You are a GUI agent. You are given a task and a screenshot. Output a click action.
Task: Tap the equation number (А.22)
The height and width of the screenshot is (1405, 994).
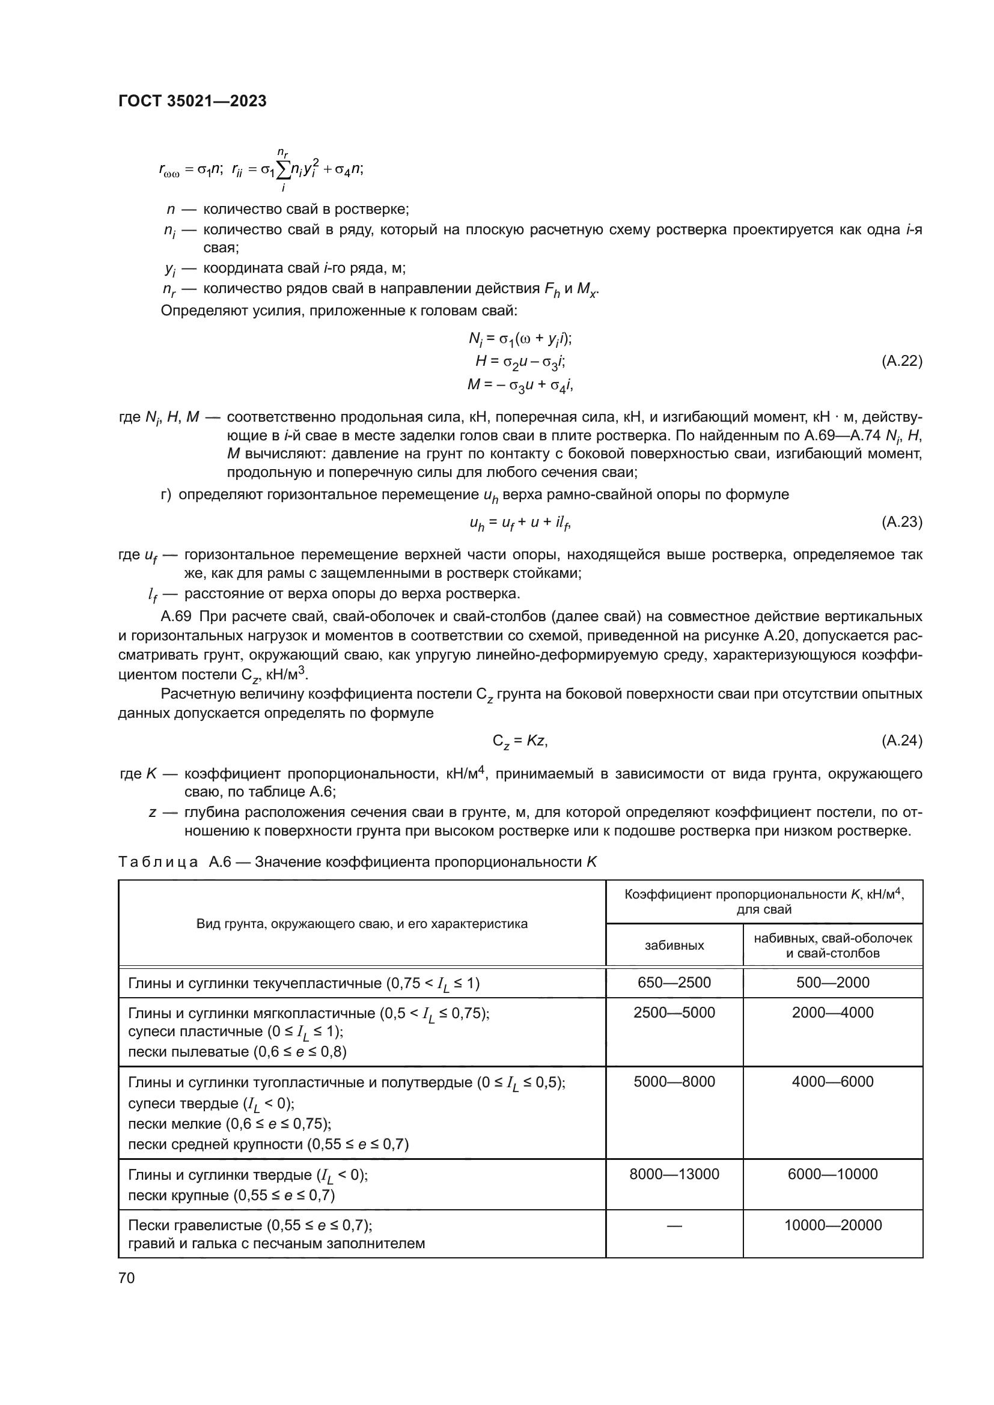click(x=901, y=361)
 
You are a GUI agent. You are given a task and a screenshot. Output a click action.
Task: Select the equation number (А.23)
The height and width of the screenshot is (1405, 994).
click(x=901, y=522)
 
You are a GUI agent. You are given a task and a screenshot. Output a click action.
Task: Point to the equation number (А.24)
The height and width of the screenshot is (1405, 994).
click(x=901, y=741)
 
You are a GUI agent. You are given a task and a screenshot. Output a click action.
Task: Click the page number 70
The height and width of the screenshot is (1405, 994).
click(x=127, y=1278)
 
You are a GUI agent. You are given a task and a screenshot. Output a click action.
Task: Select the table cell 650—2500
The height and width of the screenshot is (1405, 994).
click(x=674, y=983)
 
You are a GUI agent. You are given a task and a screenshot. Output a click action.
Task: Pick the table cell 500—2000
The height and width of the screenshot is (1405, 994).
click(x=832, y=983)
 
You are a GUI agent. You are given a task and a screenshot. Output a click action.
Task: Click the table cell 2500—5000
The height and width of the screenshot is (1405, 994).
click(x=674, y=1013)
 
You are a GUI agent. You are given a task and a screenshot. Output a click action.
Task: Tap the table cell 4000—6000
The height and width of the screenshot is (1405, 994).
click(x=832, y=1082)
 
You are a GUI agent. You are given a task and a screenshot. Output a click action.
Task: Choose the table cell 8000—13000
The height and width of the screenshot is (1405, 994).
click(x=674, y=1174)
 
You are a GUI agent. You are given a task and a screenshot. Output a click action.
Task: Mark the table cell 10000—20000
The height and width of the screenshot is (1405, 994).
click(x=832, y=1225)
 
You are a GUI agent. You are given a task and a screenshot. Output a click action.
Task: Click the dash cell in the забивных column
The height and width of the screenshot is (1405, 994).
click(x=674, y=1225)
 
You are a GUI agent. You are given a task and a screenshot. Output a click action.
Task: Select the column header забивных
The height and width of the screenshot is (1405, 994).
click(x=674, y=945)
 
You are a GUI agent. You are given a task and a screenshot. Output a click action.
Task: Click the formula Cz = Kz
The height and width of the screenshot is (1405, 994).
click(x=520, y=742)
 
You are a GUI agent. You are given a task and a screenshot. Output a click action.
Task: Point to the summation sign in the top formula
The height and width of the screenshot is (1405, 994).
click(x=284, y=171)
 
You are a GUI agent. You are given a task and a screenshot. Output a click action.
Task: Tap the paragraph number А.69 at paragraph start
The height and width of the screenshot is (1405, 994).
click(x=176, y=616)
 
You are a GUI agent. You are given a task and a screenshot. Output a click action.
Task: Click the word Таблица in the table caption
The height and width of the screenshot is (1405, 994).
click(x=158, y=862)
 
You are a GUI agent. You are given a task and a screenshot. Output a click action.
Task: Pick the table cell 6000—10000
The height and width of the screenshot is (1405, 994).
click(x=832, y=1174)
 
